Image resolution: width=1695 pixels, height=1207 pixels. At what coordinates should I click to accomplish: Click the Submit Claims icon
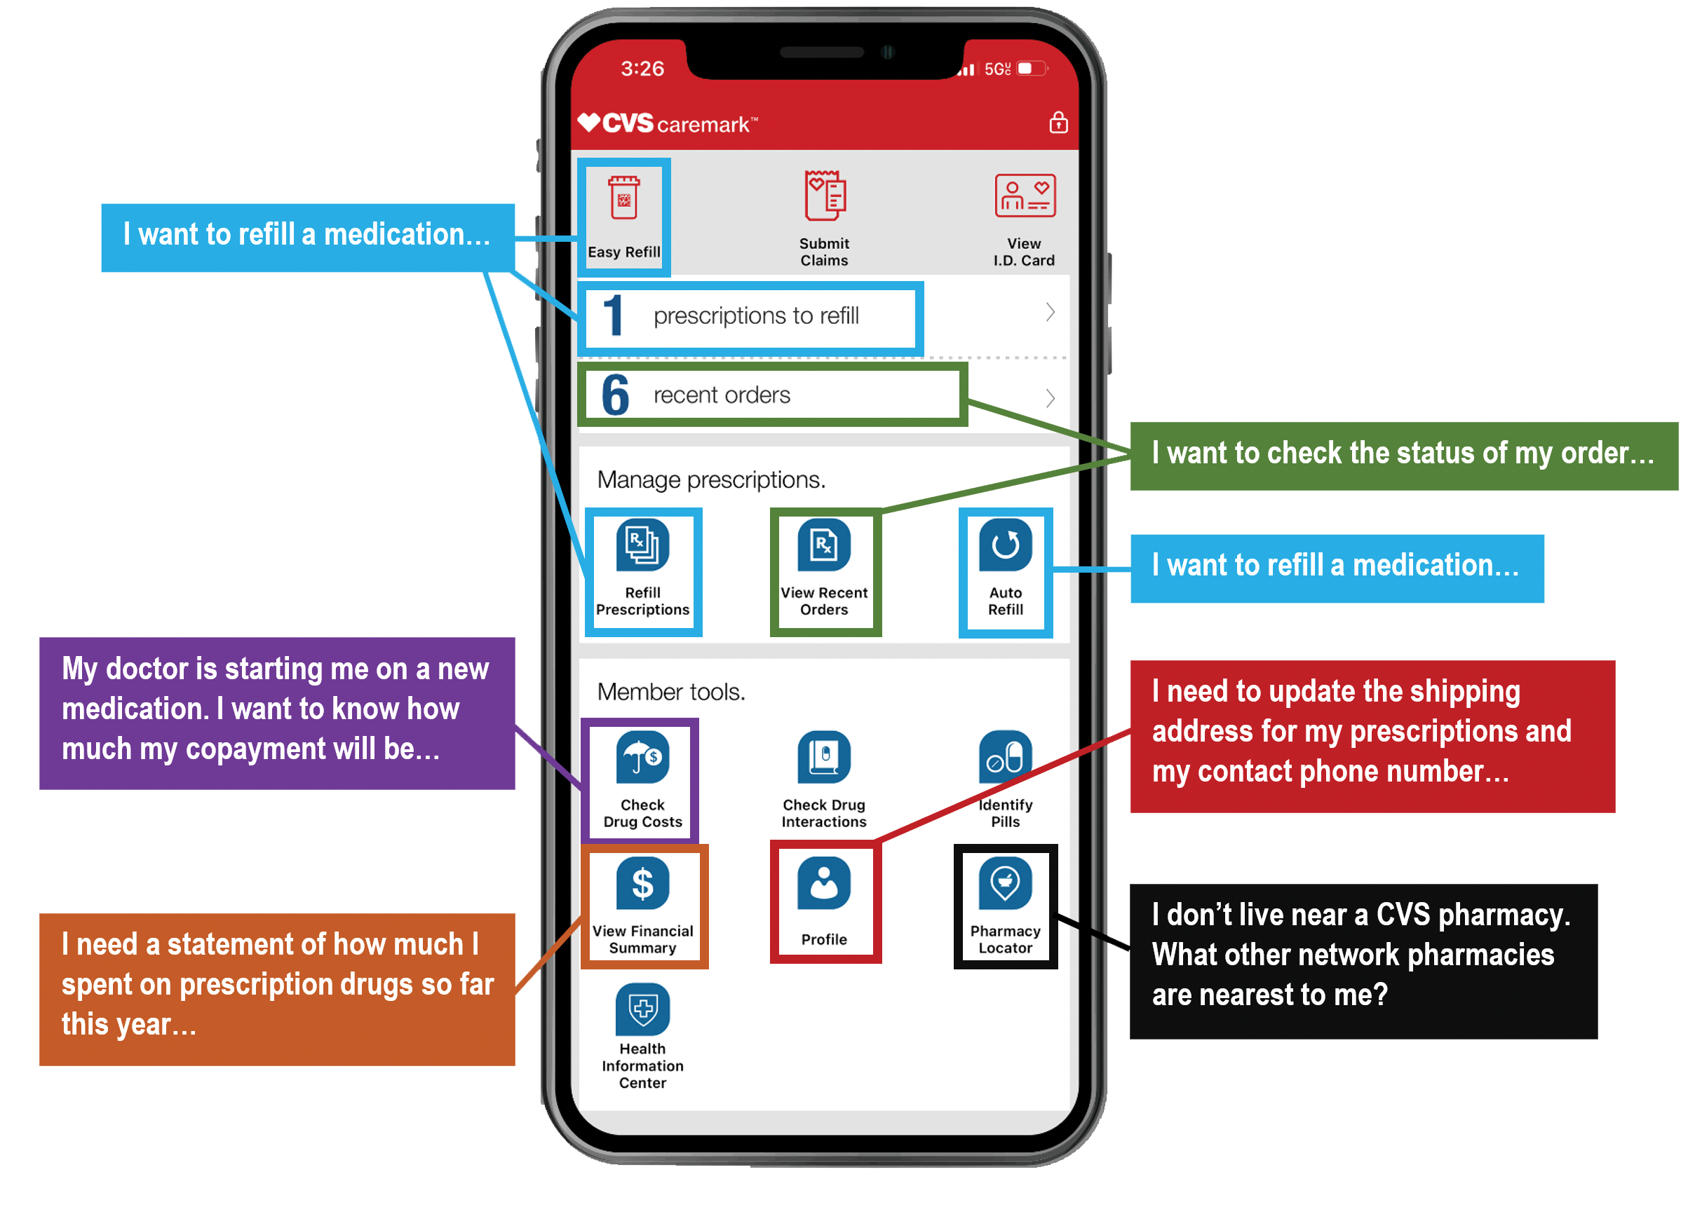[x=824, y=196]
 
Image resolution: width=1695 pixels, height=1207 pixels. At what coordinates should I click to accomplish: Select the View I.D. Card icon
[x=1025, y=196]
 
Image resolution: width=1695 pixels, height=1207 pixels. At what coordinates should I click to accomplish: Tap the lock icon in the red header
[x=1058, y=123]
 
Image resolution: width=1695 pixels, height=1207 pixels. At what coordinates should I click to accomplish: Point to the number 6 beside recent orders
[x=615, y=395]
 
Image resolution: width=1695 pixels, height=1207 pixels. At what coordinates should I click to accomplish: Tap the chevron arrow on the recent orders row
[x=1049, y=397]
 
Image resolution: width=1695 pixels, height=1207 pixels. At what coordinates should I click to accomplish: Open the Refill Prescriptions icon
[x=642, y=545]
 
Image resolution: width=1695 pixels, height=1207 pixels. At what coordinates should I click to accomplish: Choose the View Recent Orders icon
[x=824, y=545]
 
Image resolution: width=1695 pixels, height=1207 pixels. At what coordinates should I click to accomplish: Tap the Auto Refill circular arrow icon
[x=1005, y=545]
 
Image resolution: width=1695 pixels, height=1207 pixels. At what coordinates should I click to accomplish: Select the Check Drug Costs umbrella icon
[x=642, y=757]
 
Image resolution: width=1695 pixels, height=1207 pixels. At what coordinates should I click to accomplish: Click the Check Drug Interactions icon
[x=824, y=757]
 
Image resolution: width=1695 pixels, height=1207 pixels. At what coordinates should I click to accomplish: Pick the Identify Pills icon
[x=1005, y=757]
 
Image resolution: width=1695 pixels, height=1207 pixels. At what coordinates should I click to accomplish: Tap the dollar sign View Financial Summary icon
[x=642, y=884]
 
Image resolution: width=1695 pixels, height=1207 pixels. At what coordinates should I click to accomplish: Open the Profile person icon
[x=824, y=884]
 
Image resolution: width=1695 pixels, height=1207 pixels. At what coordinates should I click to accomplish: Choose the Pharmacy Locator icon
[x=1005, y=884]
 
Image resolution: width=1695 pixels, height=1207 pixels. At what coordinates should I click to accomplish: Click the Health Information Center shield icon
[x=642, y=1009]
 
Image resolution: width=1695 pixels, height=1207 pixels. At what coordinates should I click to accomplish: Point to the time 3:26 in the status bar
[x=642, y=69]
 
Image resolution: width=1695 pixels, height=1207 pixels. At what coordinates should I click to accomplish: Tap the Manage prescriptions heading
[x=710, y=480]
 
